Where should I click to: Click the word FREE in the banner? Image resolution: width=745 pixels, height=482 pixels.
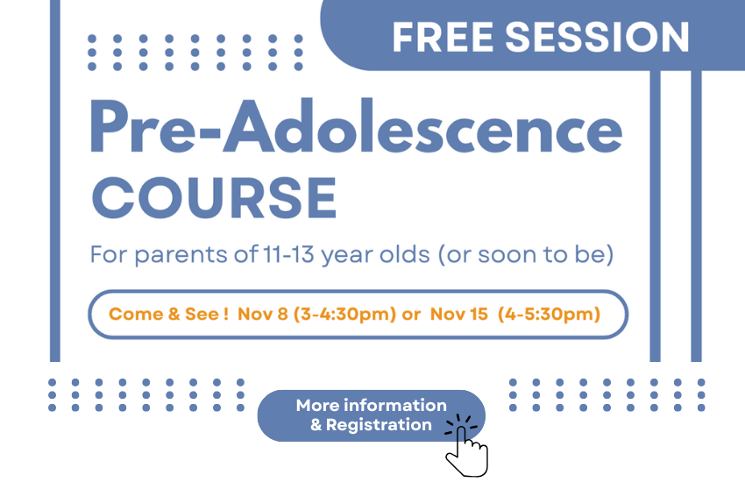pos(443,37)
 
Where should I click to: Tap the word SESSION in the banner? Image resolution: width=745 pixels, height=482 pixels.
pos(597,37)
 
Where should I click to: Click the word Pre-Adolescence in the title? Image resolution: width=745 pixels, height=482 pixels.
pos(356,126)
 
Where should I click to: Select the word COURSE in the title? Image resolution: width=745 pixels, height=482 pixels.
pos(214,197)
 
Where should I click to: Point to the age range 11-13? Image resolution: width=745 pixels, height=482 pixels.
pos(288,254)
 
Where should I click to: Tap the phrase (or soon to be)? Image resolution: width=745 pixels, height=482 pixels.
pos(526,254)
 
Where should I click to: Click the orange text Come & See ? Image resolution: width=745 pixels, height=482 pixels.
pos(168,314)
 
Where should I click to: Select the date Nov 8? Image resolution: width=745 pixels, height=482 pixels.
pos(263,314)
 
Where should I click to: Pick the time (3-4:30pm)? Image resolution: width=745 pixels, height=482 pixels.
pos(344,315)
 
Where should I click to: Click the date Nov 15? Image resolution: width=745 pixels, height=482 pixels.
pos(459,314)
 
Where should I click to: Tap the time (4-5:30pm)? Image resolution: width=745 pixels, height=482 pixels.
pos(549,315)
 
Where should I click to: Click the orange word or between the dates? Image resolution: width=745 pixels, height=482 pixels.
pos(411,315)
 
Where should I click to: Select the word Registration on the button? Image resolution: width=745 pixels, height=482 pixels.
pos(379,425)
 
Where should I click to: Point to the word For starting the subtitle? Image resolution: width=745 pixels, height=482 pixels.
pos(109,254)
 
